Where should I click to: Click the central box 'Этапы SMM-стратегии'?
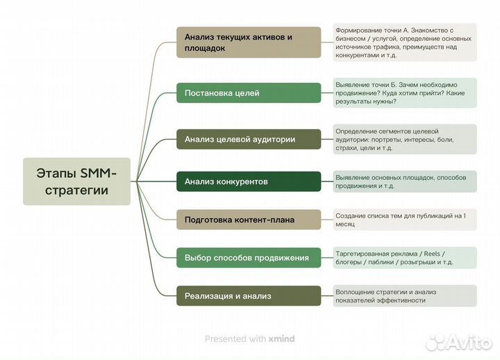coord(76,181)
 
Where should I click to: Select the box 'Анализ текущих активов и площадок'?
coord(249,42)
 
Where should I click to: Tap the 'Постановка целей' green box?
coord(249,93)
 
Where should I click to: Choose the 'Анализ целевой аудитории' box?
coord(249,139)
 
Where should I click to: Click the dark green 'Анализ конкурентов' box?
coord(249,181)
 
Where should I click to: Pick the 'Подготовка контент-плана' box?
coord(249,220)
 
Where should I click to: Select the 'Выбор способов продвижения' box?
coord(249,258)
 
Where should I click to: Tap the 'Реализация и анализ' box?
coord(249,296)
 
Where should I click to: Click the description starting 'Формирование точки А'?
coord(404,43)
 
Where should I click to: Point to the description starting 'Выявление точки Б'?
coord(404,92)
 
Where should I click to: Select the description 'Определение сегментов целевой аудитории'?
coord(404,139)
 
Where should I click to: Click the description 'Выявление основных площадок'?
coord(404,181)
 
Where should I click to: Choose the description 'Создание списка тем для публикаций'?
coord(404,220)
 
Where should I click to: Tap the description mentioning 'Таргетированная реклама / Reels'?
coord(404,258)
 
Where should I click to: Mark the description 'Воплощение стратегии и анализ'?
coord(404,296)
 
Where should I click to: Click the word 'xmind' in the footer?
coord(281,339)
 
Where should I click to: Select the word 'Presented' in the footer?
coord(226,339)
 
